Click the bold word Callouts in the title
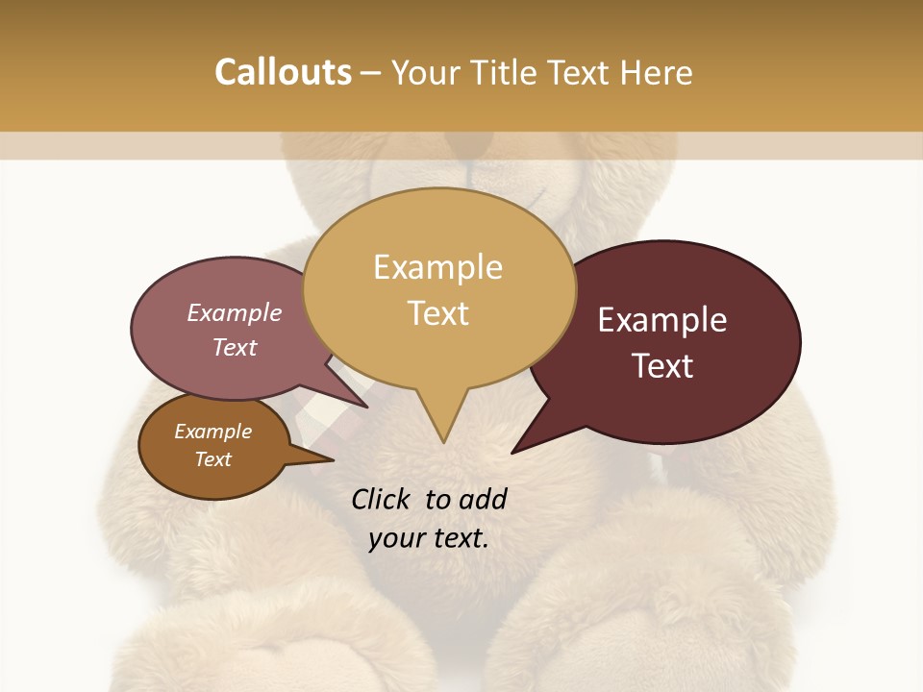283,72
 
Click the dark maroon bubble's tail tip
513,452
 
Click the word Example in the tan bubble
438,267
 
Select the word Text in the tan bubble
438,313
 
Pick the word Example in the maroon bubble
662,320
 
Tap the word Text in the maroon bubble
662,366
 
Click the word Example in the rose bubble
234,313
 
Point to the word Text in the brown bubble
212,459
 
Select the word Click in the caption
383,499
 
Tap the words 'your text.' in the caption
429,538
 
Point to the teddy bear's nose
471,144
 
